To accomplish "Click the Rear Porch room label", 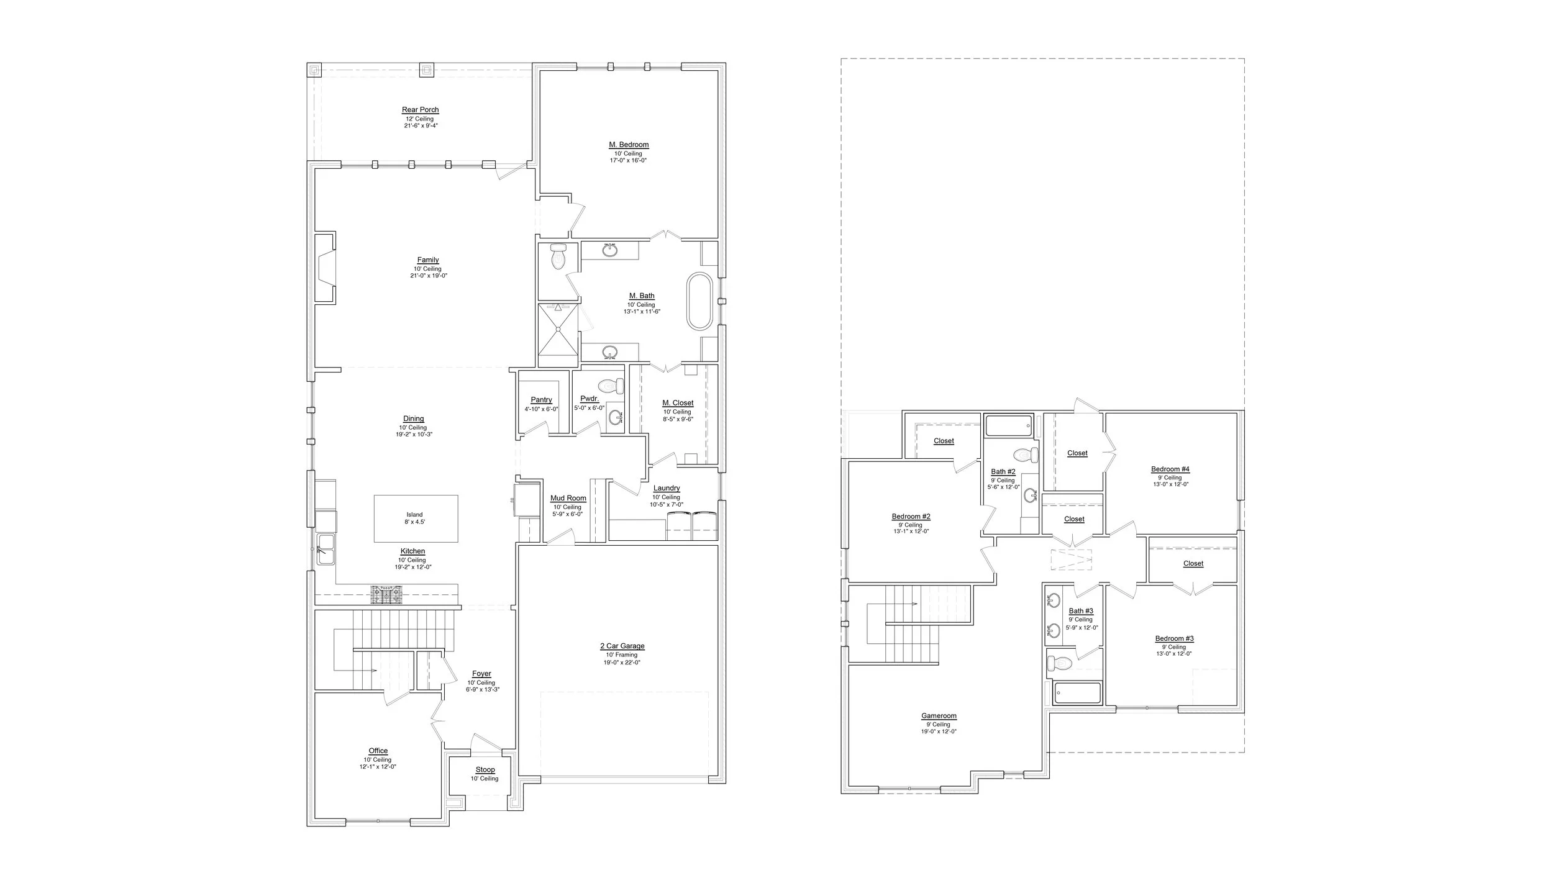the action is coord(421,110).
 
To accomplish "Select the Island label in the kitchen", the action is coord(415,515).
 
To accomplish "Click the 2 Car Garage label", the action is coord(622,646).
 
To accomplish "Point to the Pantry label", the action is coord(542,400).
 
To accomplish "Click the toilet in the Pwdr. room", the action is coord(612,386).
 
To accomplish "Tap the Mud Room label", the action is coord(568,499).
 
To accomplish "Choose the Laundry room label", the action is coord(667,489).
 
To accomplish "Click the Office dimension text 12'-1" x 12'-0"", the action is coord(378,767).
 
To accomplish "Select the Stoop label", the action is coord(485,770).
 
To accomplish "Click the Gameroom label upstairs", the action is coord(939,716).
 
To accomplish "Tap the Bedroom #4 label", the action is coord(1170,469).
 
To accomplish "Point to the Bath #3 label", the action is coord(1081,611).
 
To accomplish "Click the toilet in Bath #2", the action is coord(1026,455).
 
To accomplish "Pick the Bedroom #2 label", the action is coord(911,517).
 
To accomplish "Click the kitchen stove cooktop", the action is coord(387,595).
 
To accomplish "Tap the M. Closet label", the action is coord(678,403).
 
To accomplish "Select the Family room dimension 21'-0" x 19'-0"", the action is coord(429,276).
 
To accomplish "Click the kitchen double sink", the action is coord(326,549).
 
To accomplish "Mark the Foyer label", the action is coord(481,674).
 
